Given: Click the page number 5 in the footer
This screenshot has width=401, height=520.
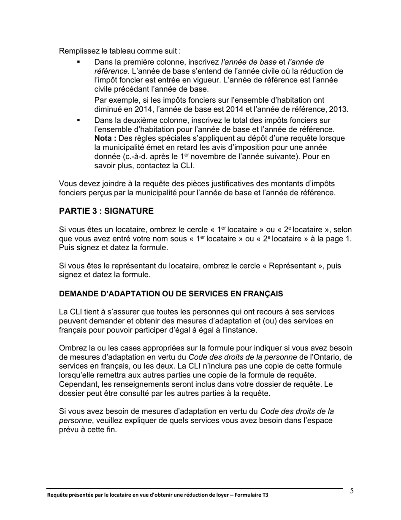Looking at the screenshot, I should tap(352, 491).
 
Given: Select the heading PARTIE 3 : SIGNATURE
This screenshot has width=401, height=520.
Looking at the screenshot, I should tap(106, 211).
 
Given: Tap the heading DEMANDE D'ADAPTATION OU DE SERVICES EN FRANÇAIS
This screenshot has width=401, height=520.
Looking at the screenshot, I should tap(171, 294).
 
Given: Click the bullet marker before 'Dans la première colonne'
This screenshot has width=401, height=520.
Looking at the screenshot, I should tap(79, 62).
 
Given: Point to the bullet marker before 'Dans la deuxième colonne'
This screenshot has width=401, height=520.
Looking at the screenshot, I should tap(79, 120).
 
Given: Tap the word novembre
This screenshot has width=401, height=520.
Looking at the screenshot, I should tap(209, 157).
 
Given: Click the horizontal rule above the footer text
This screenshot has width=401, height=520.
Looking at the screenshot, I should tap(194, 489).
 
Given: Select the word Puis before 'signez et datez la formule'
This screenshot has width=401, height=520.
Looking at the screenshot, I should tap(67, 248).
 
